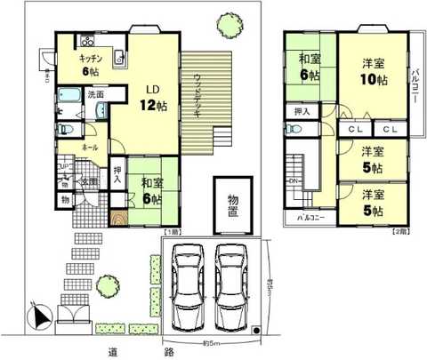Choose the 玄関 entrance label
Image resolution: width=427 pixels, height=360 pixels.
[x=91, y=182]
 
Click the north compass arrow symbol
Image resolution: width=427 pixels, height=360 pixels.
[x=36, y=314]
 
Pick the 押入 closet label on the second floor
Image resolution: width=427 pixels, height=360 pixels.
[x=302, y=113]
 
